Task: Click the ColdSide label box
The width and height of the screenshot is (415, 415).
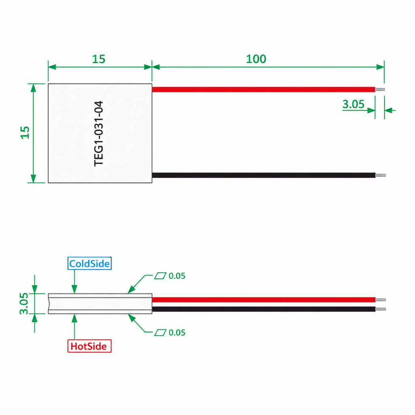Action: [90, 263]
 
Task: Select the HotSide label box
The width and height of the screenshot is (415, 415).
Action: [90, 346]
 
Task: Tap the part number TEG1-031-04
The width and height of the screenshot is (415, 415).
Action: [99, 133]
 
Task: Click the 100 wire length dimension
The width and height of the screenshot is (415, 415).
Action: [256, 59]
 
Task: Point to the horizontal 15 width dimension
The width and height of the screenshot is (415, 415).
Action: [99, 59]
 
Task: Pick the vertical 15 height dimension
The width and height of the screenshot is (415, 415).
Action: [25, 133]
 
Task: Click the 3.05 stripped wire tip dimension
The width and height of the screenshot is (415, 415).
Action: [353, 104]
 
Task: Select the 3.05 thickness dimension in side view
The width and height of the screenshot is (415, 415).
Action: [24, 304]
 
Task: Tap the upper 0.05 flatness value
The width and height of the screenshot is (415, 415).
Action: [177, 276]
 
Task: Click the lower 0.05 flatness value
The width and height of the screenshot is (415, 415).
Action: [177, 332]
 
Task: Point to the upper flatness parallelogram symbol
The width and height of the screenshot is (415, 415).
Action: [160, 276]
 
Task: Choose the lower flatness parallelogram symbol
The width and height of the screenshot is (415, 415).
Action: [160, 332]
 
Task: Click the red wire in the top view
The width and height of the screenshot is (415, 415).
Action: [263, 90]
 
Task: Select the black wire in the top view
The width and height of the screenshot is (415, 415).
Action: [263, 175]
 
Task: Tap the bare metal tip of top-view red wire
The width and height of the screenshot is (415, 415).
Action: [380, 90]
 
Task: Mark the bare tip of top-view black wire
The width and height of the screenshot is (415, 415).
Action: [381, 175]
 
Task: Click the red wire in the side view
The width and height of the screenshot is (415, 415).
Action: [263, 300]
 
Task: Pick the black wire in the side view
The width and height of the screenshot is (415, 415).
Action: [263, 309]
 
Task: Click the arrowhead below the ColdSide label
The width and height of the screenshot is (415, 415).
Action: [75, 289]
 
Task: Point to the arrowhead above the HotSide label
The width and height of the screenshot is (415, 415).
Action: [75, 318]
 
